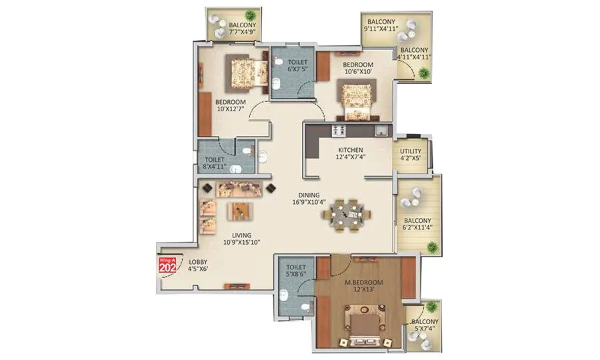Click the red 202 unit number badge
coord(167,265)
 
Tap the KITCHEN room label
coord(349,151)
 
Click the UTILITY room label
coord(411,151)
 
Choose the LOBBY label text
coord(198,261)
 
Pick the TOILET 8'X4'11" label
coord(214,164)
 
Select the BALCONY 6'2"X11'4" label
coord(416,225)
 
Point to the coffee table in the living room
coord(240,211)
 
